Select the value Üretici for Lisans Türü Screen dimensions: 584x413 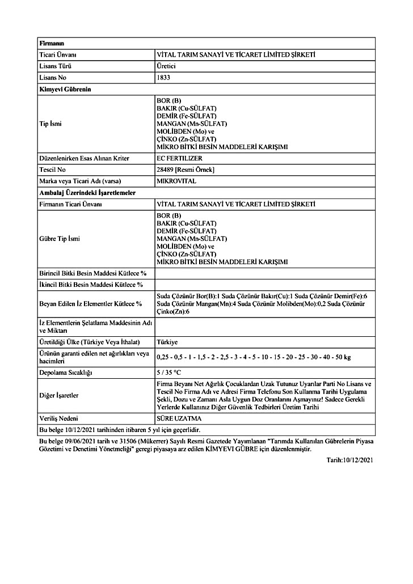pos(166,66)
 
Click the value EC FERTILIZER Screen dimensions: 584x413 pos(179,158)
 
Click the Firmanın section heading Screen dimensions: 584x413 pos(52,43)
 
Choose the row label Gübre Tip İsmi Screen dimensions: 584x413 pos(60,239)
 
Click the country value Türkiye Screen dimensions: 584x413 pos(167,342)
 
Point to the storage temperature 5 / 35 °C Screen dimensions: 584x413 pos(168,373)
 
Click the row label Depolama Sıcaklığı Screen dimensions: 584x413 pos(65,373)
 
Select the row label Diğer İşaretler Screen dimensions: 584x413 pos(59,395)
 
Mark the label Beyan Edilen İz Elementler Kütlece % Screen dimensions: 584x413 pos(90,303)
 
